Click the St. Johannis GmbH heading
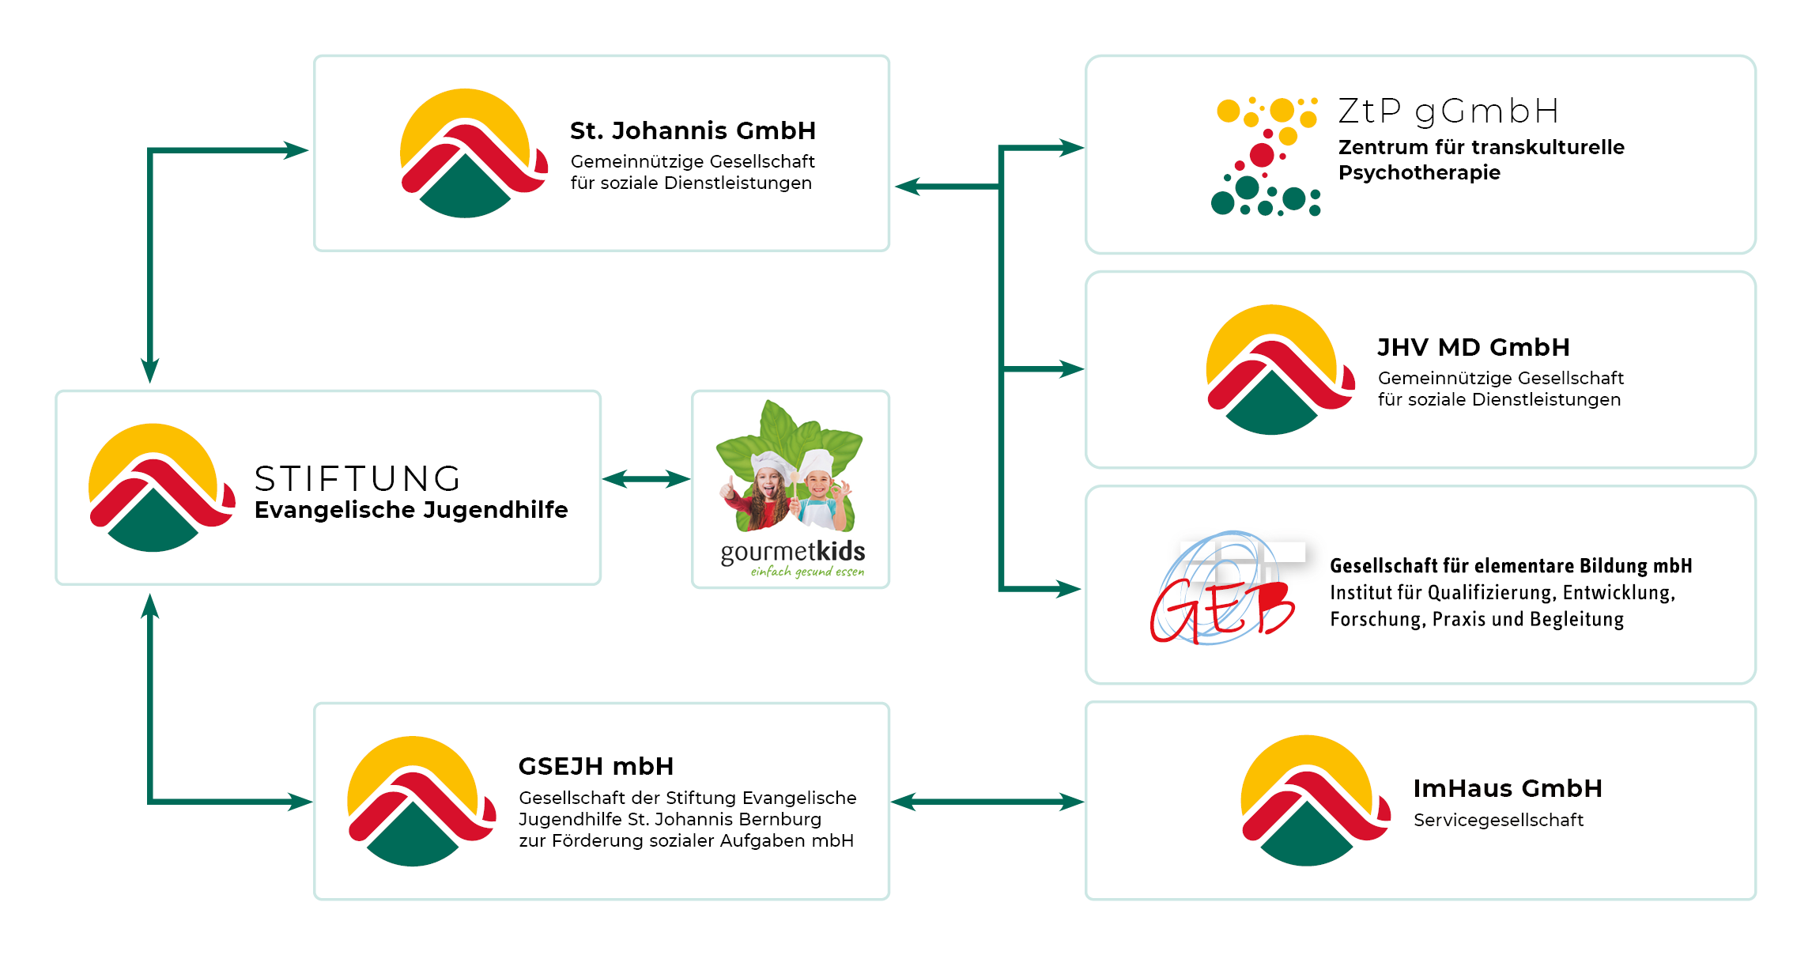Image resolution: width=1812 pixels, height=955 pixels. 693,130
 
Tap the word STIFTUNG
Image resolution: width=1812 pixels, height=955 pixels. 358,478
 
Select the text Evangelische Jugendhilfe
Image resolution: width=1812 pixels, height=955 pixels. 411,510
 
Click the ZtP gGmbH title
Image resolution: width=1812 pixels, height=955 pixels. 1448,111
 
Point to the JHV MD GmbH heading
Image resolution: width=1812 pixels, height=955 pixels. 1474,347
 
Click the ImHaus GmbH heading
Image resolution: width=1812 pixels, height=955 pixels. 1508,788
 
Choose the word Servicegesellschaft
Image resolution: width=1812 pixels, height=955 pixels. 1498,820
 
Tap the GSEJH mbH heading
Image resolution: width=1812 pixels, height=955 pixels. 596,766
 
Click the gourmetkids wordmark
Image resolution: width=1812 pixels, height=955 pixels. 792,551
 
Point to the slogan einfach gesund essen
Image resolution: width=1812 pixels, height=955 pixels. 807,572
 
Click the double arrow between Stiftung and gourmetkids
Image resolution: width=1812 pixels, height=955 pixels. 646,479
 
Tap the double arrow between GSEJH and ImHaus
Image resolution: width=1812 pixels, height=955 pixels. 987,802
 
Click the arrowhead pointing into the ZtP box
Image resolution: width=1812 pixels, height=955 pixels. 1071,148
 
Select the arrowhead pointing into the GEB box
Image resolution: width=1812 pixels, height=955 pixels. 1070,588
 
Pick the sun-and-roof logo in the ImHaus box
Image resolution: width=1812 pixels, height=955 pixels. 1313,800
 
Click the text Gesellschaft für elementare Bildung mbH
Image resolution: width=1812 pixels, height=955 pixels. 1511,566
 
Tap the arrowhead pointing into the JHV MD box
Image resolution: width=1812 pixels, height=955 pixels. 1071,368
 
